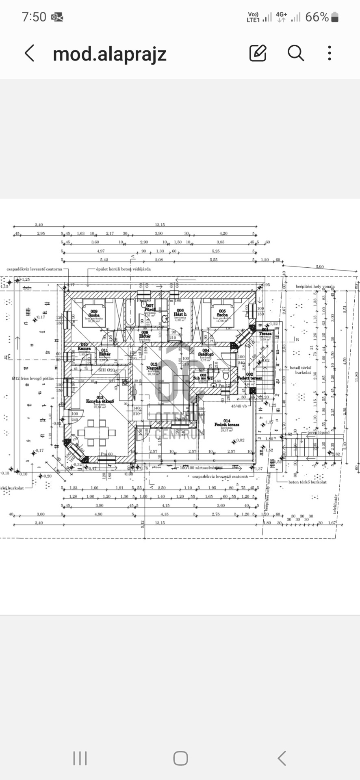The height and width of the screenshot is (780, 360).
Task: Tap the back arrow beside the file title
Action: coord(29,53)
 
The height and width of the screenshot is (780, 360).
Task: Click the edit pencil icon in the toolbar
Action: coord(258,53)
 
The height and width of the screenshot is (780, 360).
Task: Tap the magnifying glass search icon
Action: coord(295,53)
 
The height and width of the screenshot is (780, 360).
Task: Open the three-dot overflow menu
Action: coord(330,53)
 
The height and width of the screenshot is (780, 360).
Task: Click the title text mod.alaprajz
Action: coord(110,54)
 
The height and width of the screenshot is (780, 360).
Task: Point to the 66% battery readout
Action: coord(317,17)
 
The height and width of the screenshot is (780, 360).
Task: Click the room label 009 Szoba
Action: coord(94,313)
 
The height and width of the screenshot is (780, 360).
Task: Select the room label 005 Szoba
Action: coord(222,313)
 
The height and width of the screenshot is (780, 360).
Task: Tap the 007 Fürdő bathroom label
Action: coord(150,308)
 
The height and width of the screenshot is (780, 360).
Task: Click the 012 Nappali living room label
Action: coord(154,366)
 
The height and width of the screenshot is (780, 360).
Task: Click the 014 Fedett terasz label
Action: coord(227,423)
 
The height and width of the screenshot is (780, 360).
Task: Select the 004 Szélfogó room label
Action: coord(206,352)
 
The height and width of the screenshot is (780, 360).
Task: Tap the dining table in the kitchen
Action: coord(97,433)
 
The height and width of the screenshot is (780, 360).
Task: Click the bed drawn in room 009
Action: coord(94,305)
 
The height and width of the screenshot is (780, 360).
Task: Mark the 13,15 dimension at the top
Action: coord(160,225)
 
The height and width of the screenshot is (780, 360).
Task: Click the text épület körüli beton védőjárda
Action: coord(124,269)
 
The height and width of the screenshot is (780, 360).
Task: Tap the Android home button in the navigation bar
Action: coord(180,758)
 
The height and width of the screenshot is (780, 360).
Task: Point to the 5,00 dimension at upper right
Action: coord(320,267)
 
